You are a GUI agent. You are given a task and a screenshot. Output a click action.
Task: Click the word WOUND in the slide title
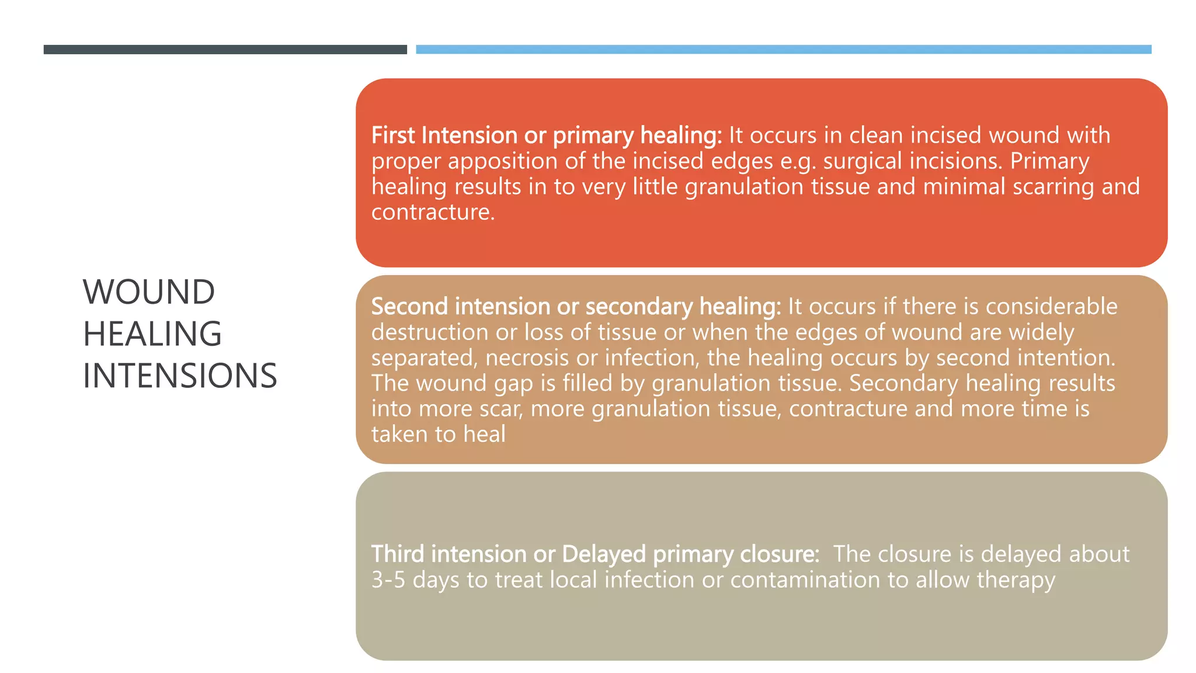[x=149, y=292]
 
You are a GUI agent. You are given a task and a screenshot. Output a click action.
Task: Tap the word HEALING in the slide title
[x=152, y=334]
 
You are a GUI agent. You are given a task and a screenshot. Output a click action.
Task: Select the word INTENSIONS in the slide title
[x=180, y=376]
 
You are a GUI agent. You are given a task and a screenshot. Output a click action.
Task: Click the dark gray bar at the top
[x=225, y=50]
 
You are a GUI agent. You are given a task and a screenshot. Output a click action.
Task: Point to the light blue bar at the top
[x=783, y=50]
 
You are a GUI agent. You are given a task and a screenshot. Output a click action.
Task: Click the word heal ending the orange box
[x=484, y=435]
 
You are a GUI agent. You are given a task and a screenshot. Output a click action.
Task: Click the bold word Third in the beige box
[x=398, y=554]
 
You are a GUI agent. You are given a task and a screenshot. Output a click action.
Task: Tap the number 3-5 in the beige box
[x=388, y=580]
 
